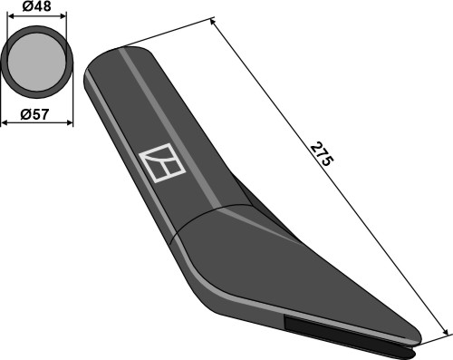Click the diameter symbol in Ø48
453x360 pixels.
23,7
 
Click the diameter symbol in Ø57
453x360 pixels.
23,114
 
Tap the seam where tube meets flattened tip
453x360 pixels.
217,216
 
